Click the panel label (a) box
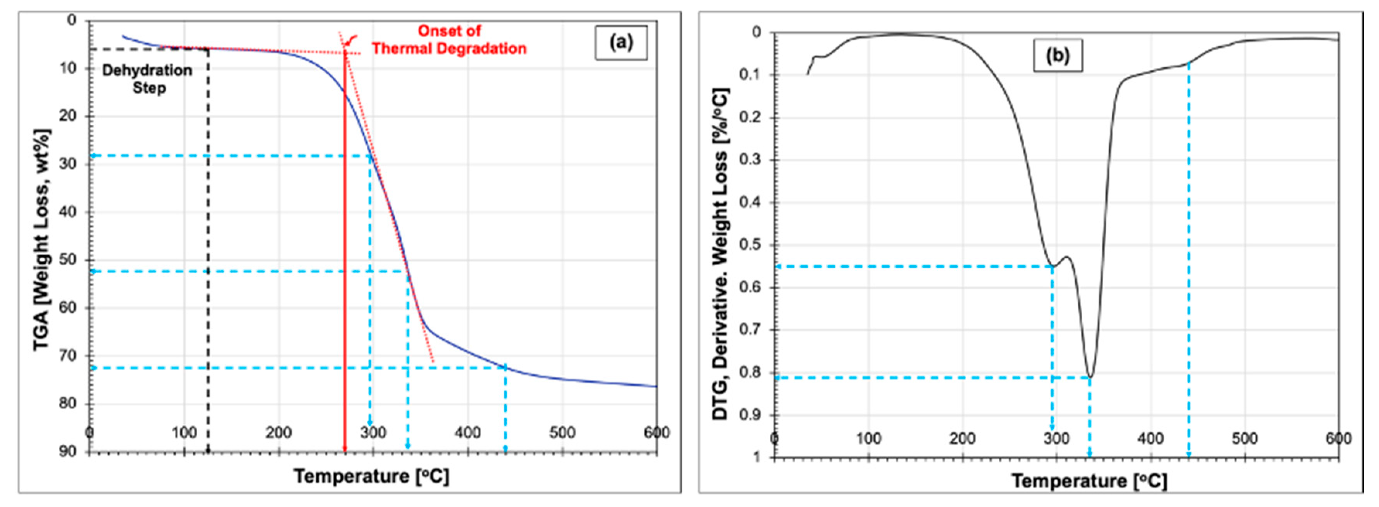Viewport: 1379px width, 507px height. [x=621, y=42]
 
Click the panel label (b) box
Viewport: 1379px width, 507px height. [x=1057, y=55]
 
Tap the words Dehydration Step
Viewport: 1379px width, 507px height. [x=147, y=79]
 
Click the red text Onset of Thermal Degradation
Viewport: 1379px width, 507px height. [x=449, y=40]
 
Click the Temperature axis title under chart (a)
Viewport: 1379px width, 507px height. [x=371, y=476]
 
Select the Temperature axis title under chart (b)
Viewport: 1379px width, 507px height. [x=1089, y=481]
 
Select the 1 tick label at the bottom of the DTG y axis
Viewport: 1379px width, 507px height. [x=756, y=457]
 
